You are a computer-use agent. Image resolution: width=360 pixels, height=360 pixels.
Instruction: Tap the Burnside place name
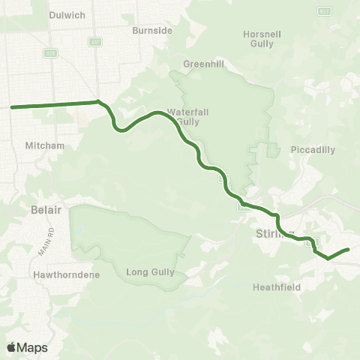point(152,31)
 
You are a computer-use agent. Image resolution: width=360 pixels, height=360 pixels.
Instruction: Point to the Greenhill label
point(199,64)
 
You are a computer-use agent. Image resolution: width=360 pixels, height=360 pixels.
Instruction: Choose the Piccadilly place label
point(313,149)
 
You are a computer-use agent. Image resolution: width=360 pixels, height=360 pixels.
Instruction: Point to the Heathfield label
point(276,286)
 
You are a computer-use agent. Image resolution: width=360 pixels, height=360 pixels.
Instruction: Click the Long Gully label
point(150,272)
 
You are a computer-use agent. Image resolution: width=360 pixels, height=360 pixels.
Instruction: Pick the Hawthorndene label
point(61,274)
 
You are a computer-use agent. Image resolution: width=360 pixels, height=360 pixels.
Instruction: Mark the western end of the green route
point(12,107)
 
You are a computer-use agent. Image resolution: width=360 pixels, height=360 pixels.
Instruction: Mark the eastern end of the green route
point(349,249)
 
